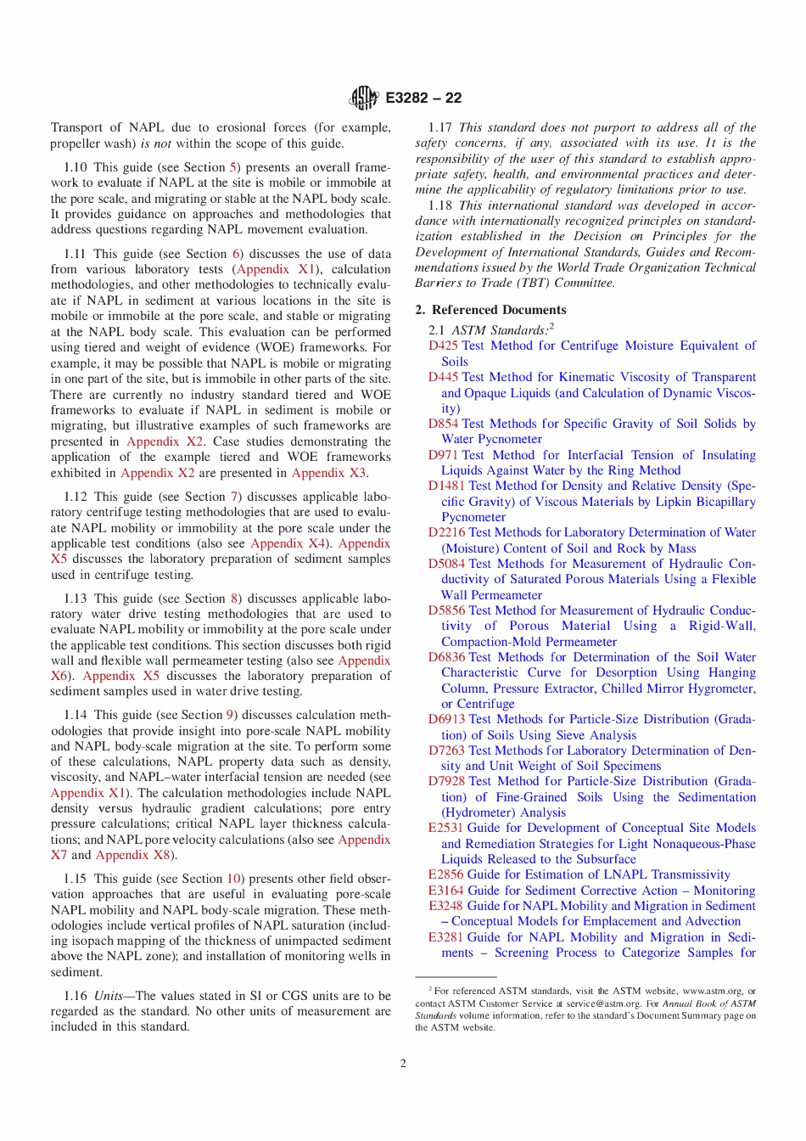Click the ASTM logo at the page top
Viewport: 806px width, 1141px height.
click(363, 98)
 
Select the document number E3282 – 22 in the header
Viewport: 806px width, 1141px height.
click(423, 98)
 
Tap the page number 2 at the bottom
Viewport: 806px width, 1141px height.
click(403, 1063)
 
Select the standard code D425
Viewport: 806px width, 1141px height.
click(443, 346)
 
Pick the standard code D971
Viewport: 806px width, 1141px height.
click(443, 455)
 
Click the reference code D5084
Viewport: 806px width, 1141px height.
click(446, 564)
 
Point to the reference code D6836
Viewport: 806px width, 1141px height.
click(446, 657)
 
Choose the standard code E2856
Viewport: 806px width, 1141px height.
click(445, 874)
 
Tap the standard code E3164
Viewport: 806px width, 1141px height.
click(445, 891)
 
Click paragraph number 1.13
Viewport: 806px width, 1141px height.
click(76, 599)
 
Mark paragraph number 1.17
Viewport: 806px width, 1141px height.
click(439, 127)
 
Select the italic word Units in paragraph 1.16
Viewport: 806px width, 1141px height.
click(109, 996)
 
